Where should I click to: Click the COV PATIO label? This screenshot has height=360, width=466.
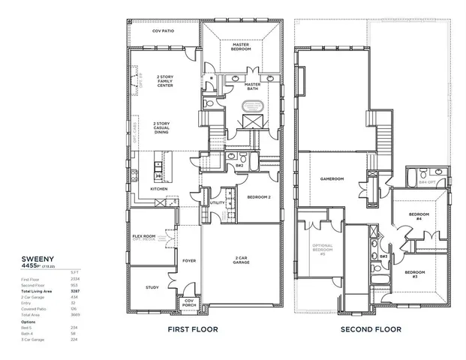[164, 31]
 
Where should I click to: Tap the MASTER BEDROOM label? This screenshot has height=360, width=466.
[240, 46]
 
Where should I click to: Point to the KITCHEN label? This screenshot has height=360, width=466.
[159, 189]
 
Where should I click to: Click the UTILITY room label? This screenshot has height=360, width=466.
[218, 202]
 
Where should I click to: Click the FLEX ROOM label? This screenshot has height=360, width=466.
[144, 236]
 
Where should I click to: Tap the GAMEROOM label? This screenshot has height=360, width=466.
[331, 179]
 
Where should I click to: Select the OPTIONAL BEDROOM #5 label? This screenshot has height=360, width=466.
[321, 250]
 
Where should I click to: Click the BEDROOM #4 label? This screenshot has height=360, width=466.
[418, 216]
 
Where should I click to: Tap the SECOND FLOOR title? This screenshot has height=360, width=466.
[371, 329]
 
